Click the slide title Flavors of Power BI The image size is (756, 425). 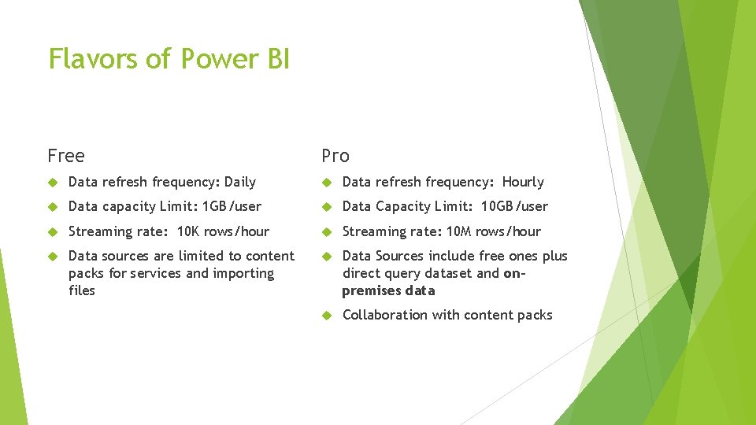coord(169,59)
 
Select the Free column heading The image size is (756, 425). coord(66,156)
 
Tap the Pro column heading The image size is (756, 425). coord(335,156)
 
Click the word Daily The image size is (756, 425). coord(240,182)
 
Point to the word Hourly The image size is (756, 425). coord(523,182)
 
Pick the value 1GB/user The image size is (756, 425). coord(232,206)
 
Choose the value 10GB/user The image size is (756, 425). coord(515,206)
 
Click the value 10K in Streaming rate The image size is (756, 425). coord(188,231)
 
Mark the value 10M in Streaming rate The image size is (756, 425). coord(458,231)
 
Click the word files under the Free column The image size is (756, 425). coord(82,290)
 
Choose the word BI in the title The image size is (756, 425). coord(278,59)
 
